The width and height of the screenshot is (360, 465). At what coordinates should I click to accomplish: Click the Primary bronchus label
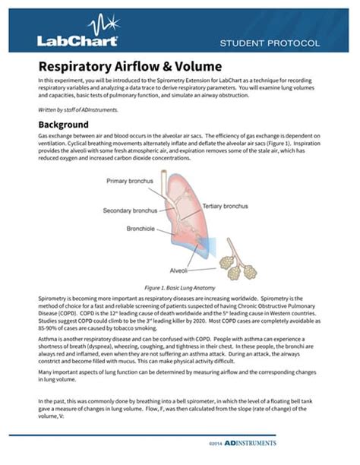(x=130, y=181)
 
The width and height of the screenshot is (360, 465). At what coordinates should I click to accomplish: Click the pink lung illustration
(x=190, y=205)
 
